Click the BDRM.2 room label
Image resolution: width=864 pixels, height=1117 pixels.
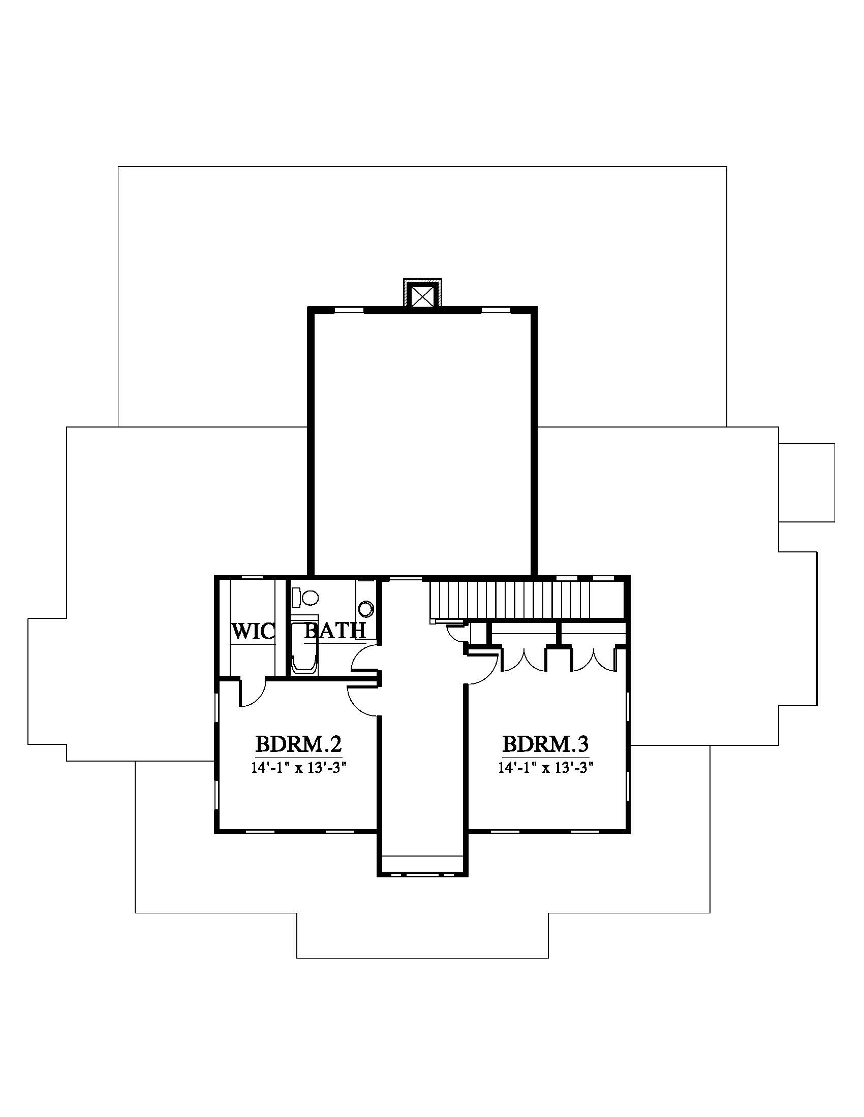(298, 744)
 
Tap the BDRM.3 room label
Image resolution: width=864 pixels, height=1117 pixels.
(545, 744)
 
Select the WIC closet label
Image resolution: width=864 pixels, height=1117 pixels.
(253, 631)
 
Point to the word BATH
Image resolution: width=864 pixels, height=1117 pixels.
(335, 631)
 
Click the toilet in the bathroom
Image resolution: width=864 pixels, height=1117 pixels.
(305, 597)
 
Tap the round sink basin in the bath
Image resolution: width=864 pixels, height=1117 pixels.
(366, 609)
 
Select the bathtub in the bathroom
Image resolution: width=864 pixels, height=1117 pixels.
(304, 647)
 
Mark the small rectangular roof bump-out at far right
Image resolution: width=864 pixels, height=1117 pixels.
(807, 482)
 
